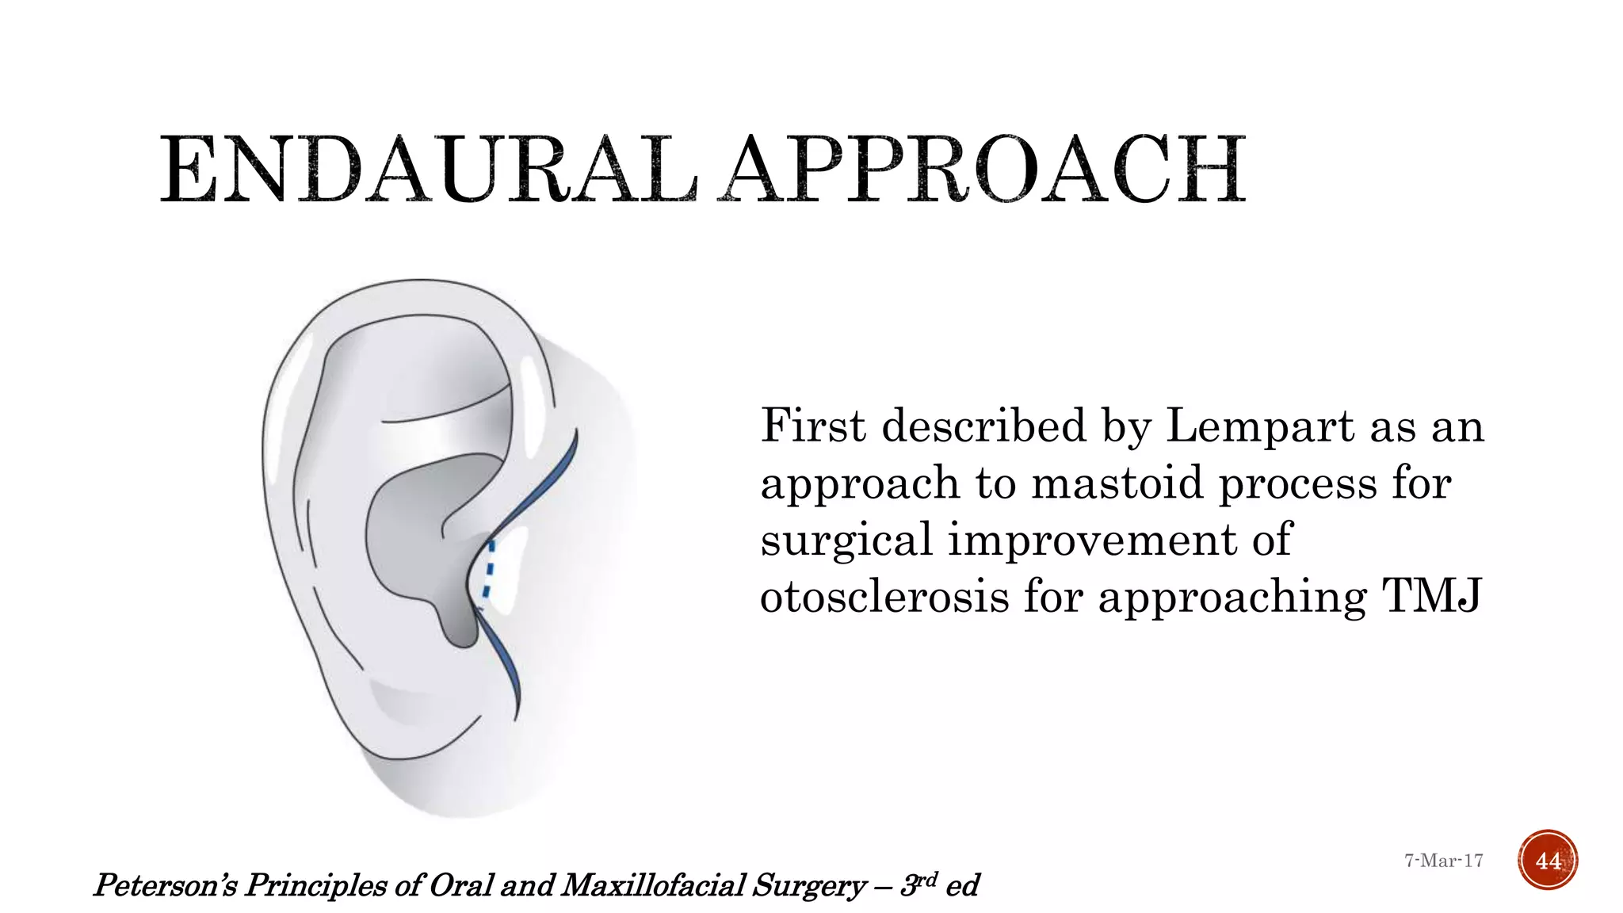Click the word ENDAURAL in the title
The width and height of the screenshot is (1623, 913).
pos(429,170)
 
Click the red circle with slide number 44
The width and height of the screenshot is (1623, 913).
pos(1548,860)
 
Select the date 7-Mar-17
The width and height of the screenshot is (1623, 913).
pos(1443,861)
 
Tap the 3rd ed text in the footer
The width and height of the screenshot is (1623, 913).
pos(940,884)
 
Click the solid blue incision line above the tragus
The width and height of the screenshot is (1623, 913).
pos(547,483)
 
